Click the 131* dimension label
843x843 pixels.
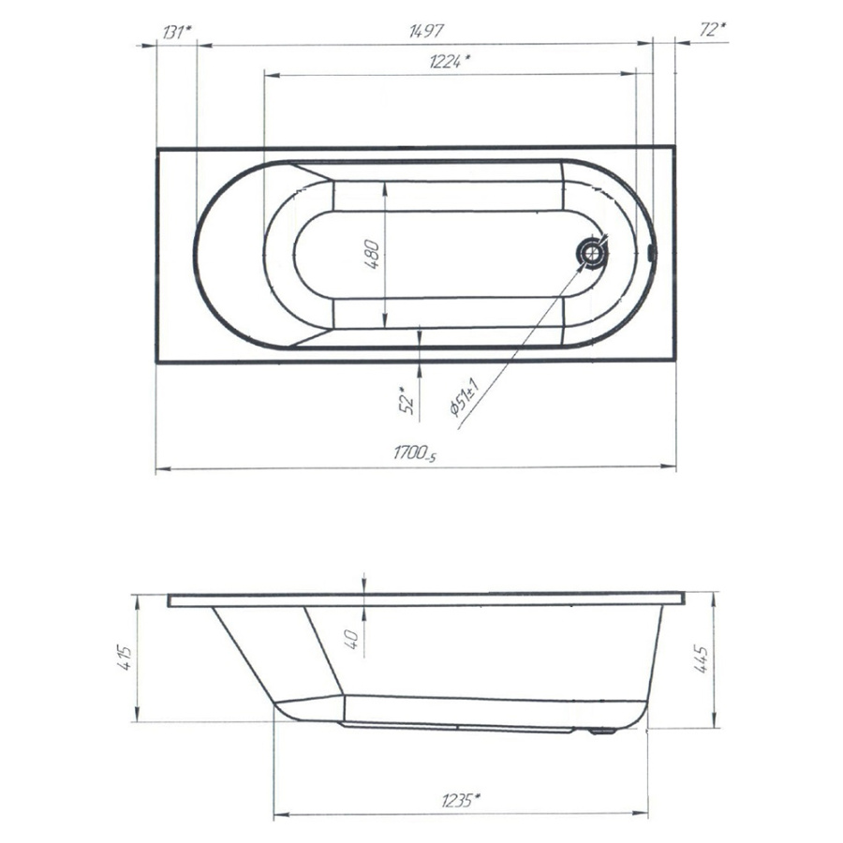coord(176,32)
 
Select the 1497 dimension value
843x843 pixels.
coord(426,31)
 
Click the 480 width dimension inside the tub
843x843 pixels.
coord(372,255)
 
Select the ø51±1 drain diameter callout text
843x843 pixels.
coord(465,397)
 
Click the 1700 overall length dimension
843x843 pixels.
coord(415,453)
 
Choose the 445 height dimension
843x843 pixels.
coord(702,658)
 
